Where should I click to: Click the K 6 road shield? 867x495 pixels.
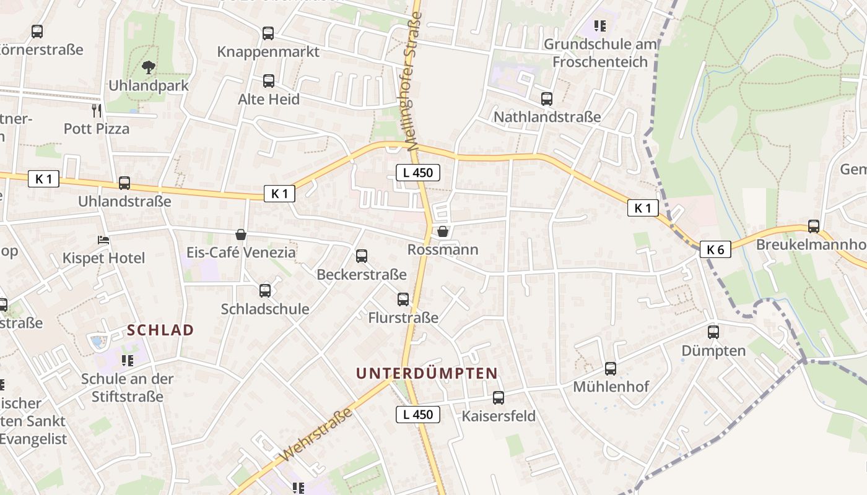click(715, 249)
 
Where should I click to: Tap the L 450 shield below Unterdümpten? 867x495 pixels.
click(418, 415)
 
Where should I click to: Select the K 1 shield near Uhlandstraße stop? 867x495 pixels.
click(43, 179)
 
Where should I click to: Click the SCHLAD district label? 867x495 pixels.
click(161, 330)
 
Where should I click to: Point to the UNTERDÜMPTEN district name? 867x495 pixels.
click(427, 373)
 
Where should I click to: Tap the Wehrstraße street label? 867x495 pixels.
click(316, 434)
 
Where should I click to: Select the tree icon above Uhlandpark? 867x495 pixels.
click(148, 67)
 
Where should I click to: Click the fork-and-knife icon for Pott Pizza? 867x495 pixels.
click(97, 111)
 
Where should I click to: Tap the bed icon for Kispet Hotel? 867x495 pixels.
click(103, 239)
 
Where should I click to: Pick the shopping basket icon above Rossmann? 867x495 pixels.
click(443, 231)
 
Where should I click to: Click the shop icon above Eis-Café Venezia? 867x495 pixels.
click(241, 235)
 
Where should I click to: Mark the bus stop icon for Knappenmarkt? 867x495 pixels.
click(268, 33)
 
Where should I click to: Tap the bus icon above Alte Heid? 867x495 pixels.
click(269, 81)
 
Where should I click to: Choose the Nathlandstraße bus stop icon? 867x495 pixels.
click(547, 98)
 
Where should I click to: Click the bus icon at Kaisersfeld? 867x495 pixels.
click(499, 398)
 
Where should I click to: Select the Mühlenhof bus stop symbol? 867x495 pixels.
click(611, 369)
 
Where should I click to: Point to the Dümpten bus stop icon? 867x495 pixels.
click(713, 332)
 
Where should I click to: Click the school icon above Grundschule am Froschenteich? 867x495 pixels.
click(599, 26)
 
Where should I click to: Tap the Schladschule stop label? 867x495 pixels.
click(265, 309)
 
